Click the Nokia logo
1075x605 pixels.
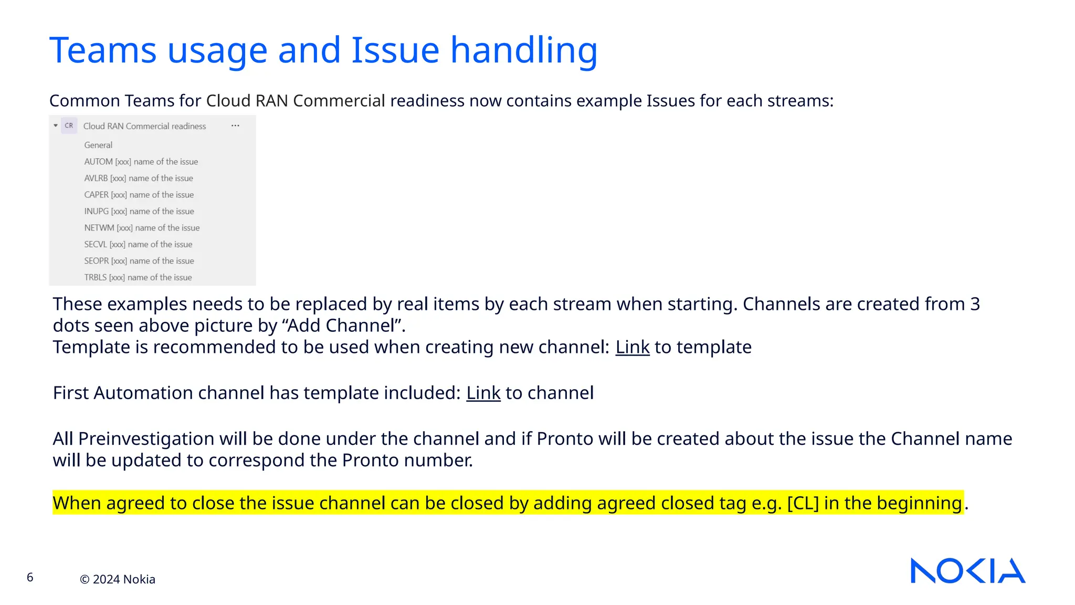pos(967,570)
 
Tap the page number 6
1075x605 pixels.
pos(30,577)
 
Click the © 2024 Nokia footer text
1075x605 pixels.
pos(118,579)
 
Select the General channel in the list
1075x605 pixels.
pos(98,145)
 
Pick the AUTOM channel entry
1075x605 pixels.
pos(141,162)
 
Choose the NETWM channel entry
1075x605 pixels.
pos(142,228)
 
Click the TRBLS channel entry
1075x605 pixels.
pos(138,277)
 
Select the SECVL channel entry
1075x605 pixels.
pos(138,244)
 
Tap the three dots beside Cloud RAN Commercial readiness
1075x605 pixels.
pos(235,126)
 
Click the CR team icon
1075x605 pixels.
pos(69,126)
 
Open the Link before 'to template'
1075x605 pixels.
pos(632,347)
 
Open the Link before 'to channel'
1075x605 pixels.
pos(483,393)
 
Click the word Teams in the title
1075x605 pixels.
pos(103,50)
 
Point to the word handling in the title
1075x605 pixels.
pos(524,50)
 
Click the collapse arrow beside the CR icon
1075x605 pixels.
pos(56,126)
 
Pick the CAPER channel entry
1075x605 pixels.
pos(139,195)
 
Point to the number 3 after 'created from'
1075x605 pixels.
pos(975,304)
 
